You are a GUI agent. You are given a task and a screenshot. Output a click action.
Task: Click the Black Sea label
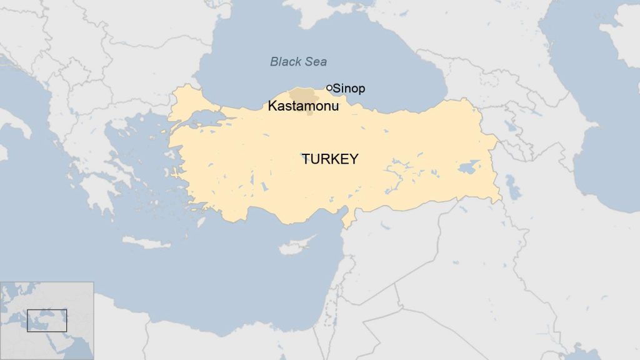point(298,61)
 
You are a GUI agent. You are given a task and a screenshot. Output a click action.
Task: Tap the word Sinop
point(349,89)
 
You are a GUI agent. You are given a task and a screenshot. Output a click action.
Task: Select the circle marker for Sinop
point(329,88)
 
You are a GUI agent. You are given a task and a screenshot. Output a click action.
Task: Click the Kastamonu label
point(303,106)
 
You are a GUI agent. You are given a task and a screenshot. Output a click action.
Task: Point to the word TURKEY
point(330,159)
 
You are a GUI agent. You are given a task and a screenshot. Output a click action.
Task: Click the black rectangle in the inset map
point(47,321)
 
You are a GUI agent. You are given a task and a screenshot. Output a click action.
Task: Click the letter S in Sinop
point(337,89)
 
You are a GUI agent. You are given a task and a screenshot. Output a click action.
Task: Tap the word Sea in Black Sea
point(316,61)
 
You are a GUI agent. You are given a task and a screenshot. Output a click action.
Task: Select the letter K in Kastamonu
point(272,106)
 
